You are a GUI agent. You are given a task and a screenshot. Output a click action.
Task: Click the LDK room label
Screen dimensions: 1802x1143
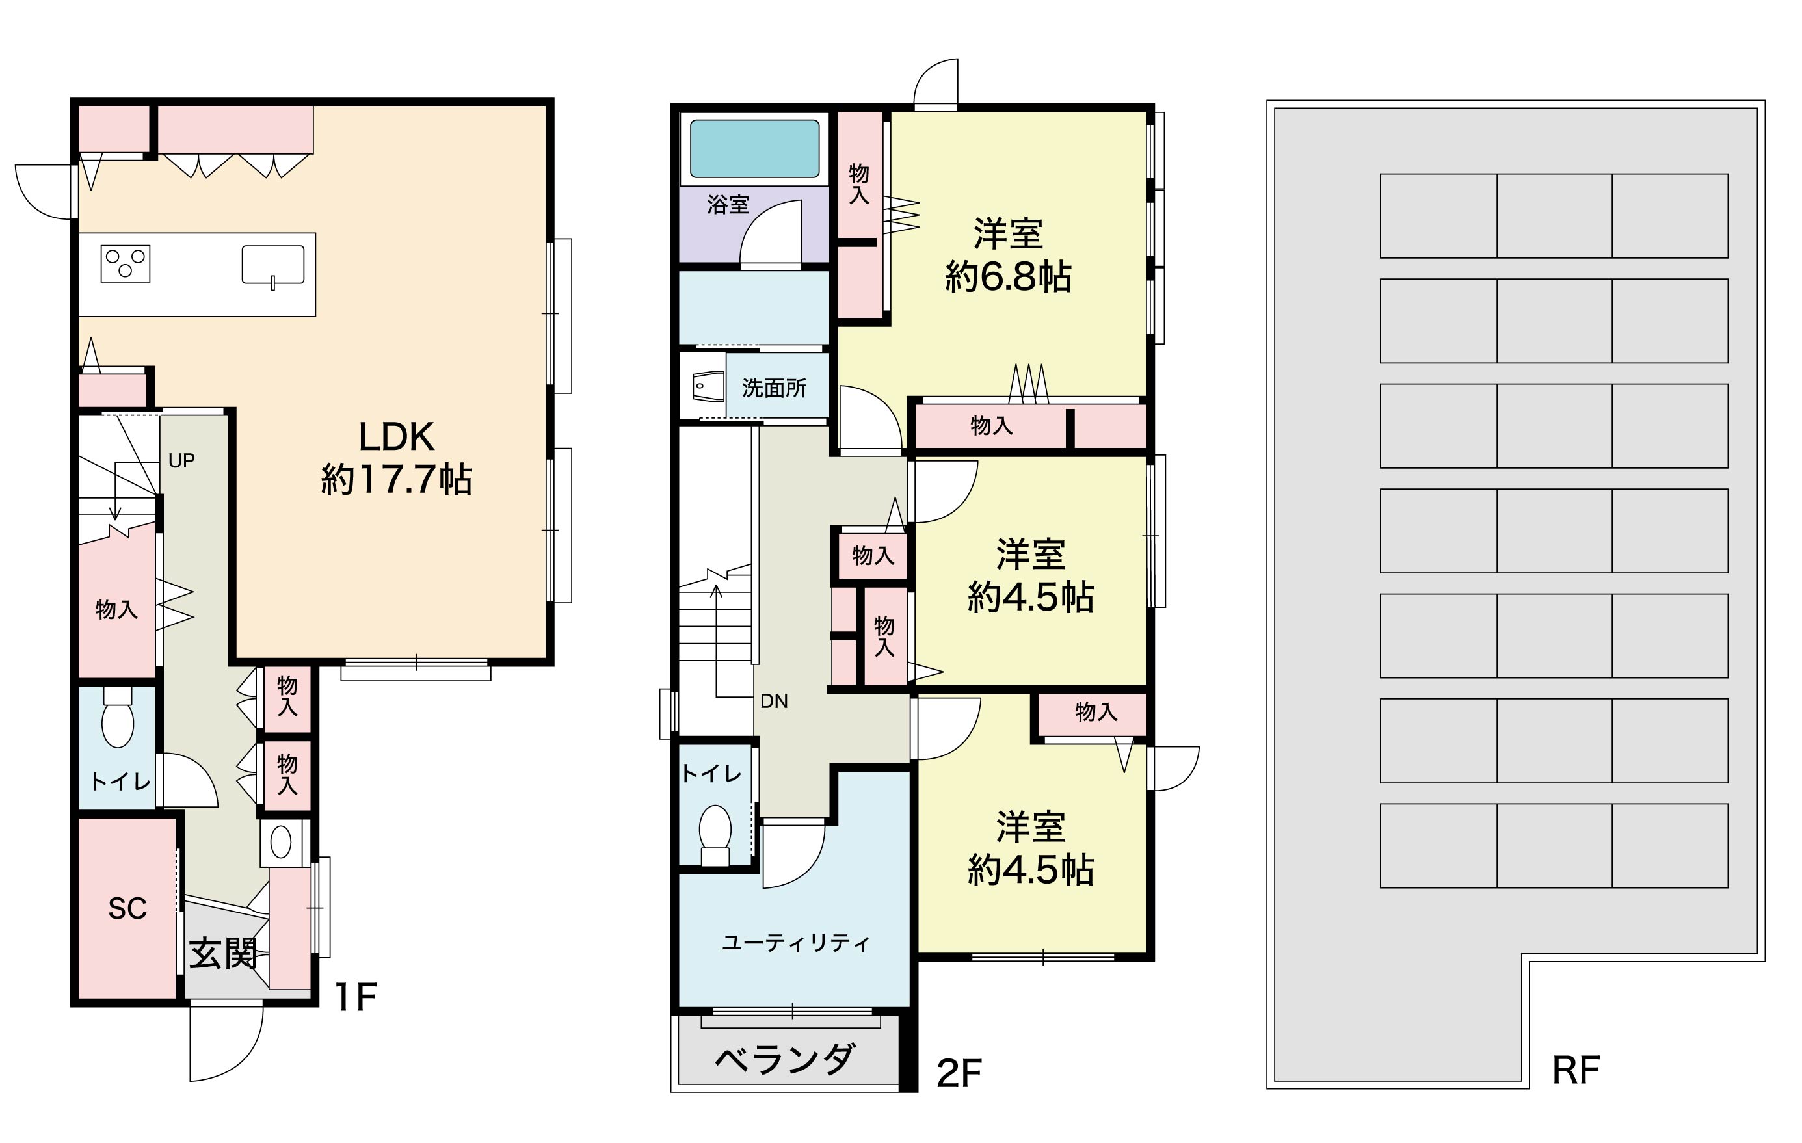397,437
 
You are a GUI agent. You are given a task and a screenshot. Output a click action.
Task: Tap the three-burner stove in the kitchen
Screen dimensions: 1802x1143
125,264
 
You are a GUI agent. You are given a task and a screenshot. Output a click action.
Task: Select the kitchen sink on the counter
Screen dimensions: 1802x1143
272,265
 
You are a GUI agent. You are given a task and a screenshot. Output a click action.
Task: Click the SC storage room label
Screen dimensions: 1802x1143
127,909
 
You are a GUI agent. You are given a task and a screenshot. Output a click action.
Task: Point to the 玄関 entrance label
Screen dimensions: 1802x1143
223,954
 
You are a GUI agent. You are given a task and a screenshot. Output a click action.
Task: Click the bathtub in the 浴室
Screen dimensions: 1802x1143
754,148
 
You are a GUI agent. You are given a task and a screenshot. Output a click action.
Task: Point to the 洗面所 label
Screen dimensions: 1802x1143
775,388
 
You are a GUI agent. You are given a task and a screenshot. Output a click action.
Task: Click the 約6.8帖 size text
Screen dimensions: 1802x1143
1008,278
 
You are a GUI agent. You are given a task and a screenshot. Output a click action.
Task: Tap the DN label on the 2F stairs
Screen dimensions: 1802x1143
774,702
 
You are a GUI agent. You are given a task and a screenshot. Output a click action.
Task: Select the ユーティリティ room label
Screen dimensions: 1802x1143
796,943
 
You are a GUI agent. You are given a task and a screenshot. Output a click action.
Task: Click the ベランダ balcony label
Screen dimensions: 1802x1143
784,1060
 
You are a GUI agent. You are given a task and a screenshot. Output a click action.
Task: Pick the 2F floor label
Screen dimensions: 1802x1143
959,1074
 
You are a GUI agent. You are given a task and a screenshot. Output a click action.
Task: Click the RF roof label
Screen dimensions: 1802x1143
1576,1070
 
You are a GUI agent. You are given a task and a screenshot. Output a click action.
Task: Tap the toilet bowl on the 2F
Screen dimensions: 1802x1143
715,835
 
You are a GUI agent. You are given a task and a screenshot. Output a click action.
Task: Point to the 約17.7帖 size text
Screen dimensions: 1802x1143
397,479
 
